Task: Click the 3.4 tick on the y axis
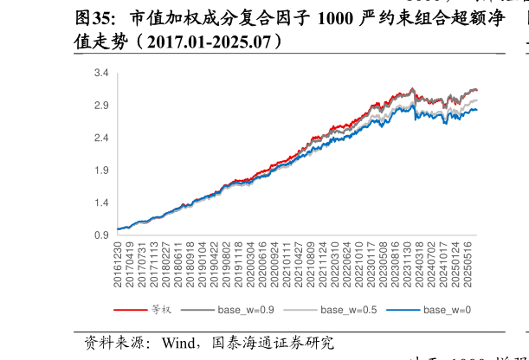pyautogui.click(x=101, y=74)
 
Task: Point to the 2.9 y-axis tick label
pyautogui.click(x=101, y=106)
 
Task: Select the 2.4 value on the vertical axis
pyautogui.click(x=101, y=138)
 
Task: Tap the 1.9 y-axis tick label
pyautogui.click(x=101, y=170)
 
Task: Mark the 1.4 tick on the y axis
pyautogui.click(x=101, y=202)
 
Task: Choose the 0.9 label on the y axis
pyautogui.click(x=101, y=235)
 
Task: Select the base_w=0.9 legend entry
pyautogui.click(x=246, y=309)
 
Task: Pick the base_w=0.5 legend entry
pyautogui.click(x=349, y=309)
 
